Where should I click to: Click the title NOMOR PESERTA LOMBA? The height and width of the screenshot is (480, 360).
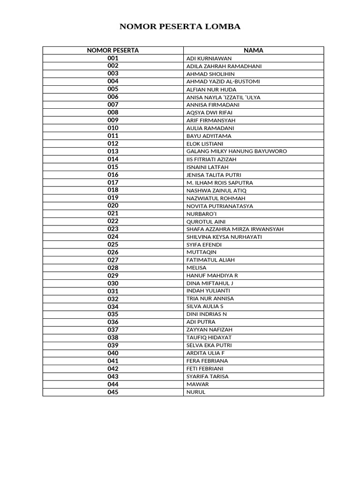(180, 27)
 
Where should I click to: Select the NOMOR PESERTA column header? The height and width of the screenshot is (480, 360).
(113, 50)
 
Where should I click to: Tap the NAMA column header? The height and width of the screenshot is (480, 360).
(254, 50)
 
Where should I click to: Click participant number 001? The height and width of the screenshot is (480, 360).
(113, 58)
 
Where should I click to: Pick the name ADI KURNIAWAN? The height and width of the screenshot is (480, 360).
(209, 59)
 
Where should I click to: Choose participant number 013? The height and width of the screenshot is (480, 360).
(113, 151)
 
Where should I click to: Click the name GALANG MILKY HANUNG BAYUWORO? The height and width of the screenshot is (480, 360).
(237, 151)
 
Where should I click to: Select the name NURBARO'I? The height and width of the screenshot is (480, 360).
(202, 214)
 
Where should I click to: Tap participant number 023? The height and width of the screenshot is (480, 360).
(113, 229)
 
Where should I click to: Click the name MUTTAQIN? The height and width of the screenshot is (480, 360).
(202, 252)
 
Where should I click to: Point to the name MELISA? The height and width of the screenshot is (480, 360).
(196, 268)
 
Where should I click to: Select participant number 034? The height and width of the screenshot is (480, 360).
(113, 307)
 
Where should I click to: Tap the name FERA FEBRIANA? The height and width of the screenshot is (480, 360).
(207, 361)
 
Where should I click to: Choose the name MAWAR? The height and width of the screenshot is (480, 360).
(198, 384)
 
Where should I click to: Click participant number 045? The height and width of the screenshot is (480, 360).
(113, 392)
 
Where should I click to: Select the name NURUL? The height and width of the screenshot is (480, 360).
(196, 392)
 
